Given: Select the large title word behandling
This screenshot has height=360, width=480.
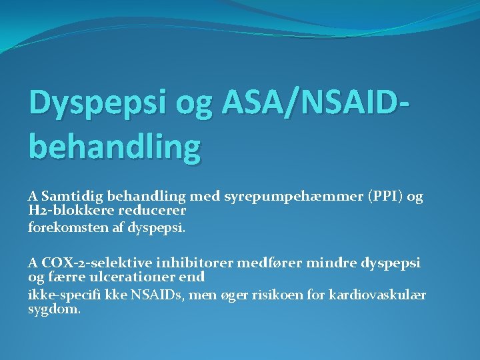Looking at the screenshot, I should click(x=114, y=147).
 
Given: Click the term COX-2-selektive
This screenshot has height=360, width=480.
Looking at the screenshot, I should click(x=85, y=263).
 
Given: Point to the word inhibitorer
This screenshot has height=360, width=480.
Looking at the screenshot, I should click(x=175, y=263).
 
